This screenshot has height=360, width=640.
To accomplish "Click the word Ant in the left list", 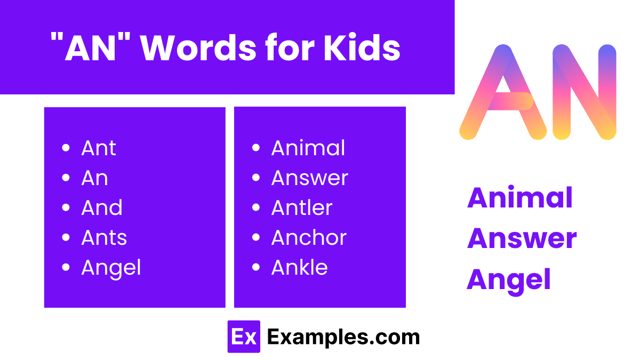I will [x=98, y=148].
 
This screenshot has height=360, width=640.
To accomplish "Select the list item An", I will [x=94, y=178].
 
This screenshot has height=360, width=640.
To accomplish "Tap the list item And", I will [x=101, y=208].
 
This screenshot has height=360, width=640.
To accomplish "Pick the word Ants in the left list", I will [x=104, y=238].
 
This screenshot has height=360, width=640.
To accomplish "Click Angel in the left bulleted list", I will [x=111, y=268].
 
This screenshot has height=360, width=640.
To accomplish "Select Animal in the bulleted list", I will [x=308, y=148].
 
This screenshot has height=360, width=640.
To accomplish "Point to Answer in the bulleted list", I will [x=309, y=178].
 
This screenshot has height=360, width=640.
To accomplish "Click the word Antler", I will [x=301, y=208].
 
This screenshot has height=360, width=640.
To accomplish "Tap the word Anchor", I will [x=309, y=238].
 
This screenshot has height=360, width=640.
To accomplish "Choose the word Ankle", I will [x=299, y=268].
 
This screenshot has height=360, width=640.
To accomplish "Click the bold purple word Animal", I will [x=519, y=198].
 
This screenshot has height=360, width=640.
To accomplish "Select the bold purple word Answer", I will [x=522, y=239].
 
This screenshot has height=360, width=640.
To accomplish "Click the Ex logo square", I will [x=244, y=337].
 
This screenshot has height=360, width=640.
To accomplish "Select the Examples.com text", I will [x=343, y=337].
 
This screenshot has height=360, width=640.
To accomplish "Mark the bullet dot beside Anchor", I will [x=256, y=238].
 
